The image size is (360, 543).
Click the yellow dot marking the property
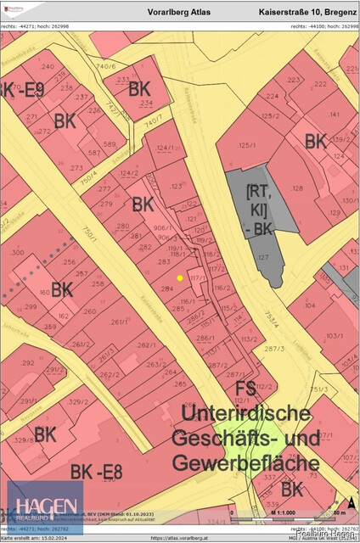point(179,277)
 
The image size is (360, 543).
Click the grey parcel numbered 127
point(263,255)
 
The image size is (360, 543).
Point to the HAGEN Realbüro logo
point(45,506)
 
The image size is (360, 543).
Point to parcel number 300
point(17,252)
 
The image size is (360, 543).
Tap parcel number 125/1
point(247,145)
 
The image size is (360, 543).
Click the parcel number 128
point(298,188)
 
